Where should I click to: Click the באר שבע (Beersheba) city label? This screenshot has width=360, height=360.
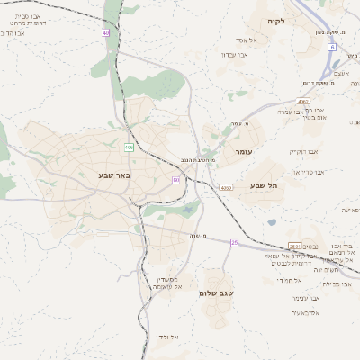(x=115, y=175)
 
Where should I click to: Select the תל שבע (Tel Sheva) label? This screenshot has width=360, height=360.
(x=265, y=185)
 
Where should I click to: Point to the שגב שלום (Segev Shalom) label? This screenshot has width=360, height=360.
(x=217, y=292)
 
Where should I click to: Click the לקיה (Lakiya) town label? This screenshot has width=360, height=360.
(x=275, y=21)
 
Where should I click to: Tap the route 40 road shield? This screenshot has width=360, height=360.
(x=105, y=32)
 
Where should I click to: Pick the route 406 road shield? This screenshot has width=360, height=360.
(x=129, y=147)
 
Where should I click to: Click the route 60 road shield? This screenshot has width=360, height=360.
(x=176, y=180)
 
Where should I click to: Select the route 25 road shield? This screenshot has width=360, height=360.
(x=234, y=242)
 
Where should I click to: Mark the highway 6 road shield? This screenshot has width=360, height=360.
(x=332, y=47)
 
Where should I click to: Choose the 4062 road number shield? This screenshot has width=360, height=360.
(x=304, y=102)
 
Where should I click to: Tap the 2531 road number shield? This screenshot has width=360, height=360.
(x=295, y=246)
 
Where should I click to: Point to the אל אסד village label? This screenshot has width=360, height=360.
(x=247, y=40)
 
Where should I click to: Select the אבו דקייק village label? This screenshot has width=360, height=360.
(x=305, y=151)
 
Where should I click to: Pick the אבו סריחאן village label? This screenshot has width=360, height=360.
(x=309, y=171)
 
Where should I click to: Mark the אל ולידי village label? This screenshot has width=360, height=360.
(x=167, y=337)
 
